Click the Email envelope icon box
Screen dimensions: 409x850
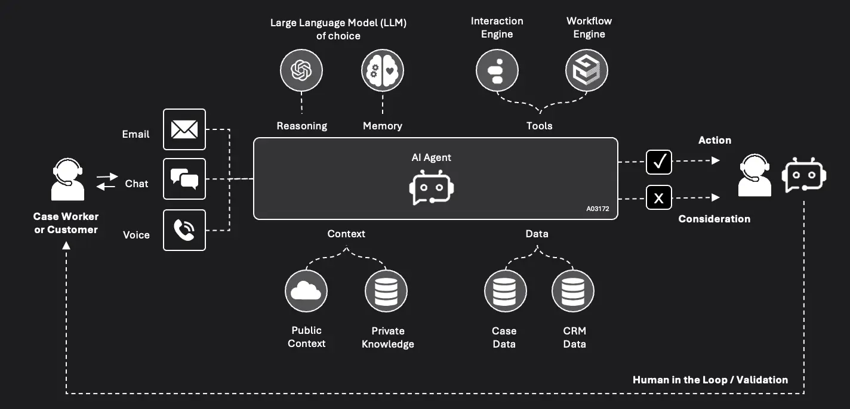pyautogui.click(x=184, y=129)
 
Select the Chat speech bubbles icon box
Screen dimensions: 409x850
pyautogui.click(x=184, y=178)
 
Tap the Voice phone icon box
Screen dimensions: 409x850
pyautogui.click(x=184, y=230)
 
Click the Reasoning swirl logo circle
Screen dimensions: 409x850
pyautogui.click(x=301, y=71)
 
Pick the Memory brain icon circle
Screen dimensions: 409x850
pyautogui.click(x=382, y=71)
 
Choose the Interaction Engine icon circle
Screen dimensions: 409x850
pyautogui.click(x=497, y=71)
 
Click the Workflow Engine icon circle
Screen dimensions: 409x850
pyautogui.click(x=586, y=71)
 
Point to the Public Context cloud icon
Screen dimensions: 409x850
pyautogui.click(x=306, y=291)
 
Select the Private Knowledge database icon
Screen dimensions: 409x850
pyautogui.click(x=386, y=291)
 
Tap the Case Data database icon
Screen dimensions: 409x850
pyautogui.click(x=505, y=291)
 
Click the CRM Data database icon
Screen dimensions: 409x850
pyautogui.click(x=573, y=291)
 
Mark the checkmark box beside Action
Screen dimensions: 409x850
pyautogui.click(x=659, y=162)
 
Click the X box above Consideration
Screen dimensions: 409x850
pyautogui.click(x=659, y=198)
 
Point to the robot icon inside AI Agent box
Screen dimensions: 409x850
pyautogui.click(x=432, y=188)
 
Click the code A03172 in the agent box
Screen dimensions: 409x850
pyautogui.click(x=598, y=209)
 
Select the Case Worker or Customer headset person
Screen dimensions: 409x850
pyautogui.click(x=67, y=179)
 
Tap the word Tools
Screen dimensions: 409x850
pyautogui.click(x=539, y=126)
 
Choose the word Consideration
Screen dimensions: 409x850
pyautogui.click(x=714, y=219)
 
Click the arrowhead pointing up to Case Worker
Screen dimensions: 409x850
pyautogui.click(x=66, y=244)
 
